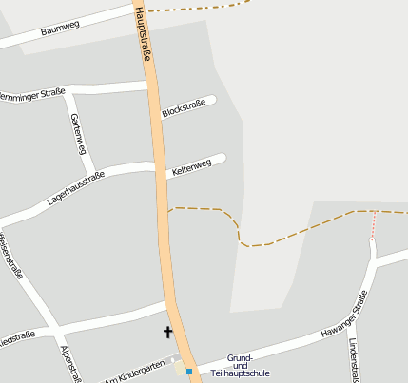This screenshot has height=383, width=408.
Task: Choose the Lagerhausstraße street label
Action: click(x=75, y=188)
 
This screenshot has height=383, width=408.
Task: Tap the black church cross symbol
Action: click(x=168, y=333)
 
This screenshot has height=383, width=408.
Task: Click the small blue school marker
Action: click(x=189, y=371)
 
